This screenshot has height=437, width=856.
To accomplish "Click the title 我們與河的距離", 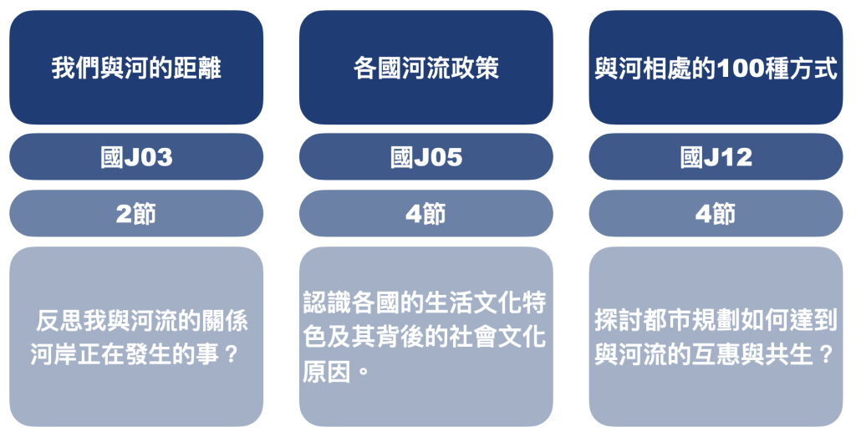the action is (x=136, y=69).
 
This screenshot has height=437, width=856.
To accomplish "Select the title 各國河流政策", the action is (x=425, y=69).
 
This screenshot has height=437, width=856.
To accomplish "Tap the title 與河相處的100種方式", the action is (x=716, y=69).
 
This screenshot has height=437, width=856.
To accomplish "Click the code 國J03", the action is (x=136, y=157).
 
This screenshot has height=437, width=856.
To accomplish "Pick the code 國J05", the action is (x=425, y=157).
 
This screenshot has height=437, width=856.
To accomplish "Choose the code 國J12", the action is (x=716, y=157).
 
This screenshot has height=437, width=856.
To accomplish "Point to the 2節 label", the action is (x=136, y=213).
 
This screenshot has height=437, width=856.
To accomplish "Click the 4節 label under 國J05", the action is (x=425, y=213).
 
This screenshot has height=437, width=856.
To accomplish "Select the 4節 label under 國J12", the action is (x=716, y=213).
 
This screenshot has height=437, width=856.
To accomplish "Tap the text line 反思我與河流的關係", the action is (x=142, y=321).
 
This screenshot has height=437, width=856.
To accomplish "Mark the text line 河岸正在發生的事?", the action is (x=135, y=354).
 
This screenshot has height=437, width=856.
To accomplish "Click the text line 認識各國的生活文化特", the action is (x=425, y=302).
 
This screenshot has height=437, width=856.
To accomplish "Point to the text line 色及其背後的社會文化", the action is (x=425, y=338).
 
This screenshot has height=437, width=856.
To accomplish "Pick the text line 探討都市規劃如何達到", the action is (x=716, y=321).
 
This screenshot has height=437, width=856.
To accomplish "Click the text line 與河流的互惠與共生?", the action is (x=714, y=354).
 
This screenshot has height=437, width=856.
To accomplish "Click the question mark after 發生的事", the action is (x=232, y=354).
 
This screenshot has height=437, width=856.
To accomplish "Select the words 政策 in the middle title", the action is (x=475, y=69).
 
